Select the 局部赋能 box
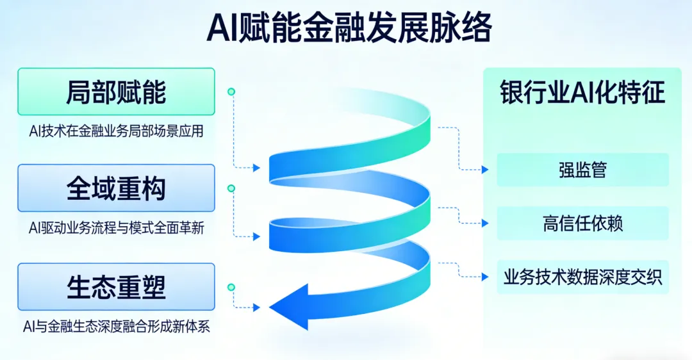click(x=116, y=92)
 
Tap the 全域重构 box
click(x=116, y=188)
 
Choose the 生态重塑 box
click(x=116, y=286)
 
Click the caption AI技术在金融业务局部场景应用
click(x=116, y=132)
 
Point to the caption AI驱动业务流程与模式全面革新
click(x=116, y=228)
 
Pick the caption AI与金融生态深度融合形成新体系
click(x=116, y=327)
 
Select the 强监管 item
click(x=582, y=170)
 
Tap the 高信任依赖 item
click(x=582, y=224)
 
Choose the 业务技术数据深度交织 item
click(x=582, y=277)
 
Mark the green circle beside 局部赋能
click(x=231, y=92)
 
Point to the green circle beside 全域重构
click(x=231, y=188)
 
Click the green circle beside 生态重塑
click(x=231, y=287)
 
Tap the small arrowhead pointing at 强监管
click(x=485, y=170)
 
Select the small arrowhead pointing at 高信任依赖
click(x=485, y=224)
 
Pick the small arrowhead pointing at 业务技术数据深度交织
click(x=485, y=277)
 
